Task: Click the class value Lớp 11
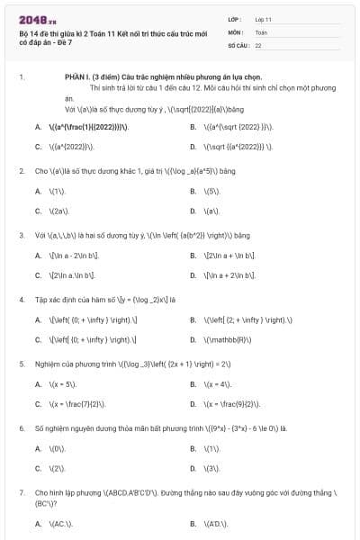point(263,18)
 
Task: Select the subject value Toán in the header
point(261,31)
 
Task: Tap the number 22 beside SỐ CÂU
point(258,44)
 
